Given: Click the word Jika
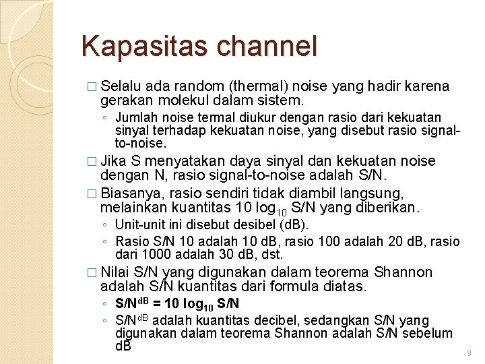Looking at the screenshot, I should [114, 161].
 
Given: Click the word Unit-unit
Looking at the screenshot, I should [138, 224].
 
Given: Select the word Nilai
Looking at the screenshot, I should [115, 272].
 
